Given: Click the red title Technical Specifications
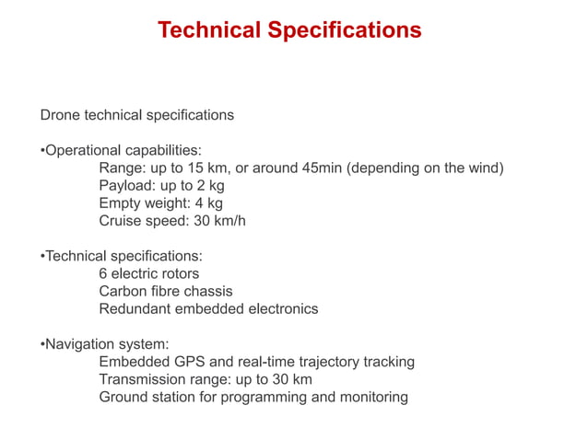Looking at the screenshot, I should pyautogui.click(x=289, y=30).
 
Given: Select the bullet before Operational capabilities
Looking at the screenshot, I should pyautogui.click(x=42, y=150).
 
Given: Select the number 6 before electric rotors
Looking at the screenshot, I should pyautogui.click(x=103, y=273).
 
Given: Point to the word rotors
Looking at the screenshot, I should pyautogui.click(x=179, y=273).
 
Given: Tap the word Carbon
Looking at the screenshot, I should pyautogui.click(x=123, y=291).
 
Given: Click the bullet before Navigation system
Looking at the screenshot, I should pyautogui.click(x=42, y=344).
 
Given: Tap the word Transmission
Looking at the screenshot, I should pyautogui.click(x=143, y=379).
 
